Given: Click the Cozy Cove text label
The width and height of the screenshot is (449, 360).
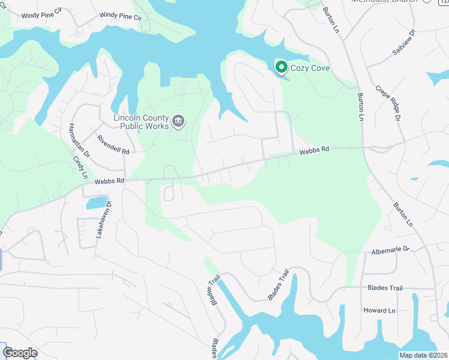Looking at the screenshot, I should click(x=310, y=68).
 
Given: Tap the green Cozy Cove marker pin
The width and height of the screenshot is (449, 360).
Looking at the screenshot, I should click(x=280, y=67).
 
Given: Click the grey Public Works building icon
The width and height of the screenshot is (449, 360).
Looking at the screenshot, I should click(x=178, y=122).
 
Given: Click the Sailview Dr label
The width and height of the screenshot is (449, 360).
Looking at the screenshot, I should click(x=403, y=42).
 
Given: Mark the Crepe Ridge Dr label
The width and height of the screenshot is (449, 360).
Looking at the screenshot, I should click(x=388, y=103).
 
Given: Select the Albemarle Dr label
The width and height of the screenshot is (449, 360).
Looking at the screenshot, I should click(x=390, y=249).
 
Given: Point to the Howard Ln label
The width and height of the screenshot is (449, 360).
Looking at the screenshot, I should click(x=379, y=310).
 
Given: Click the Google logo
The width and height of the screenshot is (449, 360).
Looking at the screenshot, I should click(x=20, y=353).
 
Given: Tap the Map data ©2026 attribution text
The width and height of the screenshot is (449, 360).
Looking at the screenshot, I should click(x=423, y=355).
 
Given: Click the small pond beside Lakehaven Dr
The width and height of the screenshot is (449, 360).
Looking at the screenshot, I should click(x=97, y=203).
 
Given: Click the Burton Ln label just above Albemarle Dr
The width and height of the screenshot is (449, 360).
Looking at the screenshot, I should click(x=403, y=214).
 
